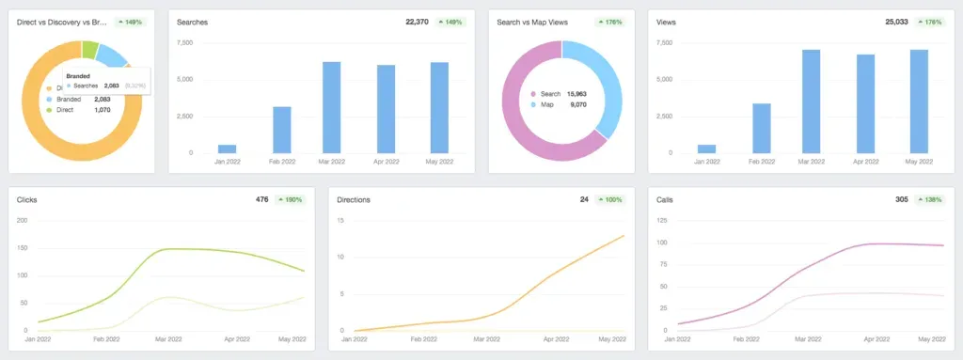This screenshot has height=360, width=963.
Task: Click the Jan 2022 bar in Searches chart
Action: (x=227, y=149)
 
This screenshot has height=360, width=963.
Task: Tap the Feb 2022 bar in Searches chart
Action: (x=280, y=130)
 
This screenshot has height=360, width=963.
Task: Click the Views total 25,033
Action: (x=901, y=21)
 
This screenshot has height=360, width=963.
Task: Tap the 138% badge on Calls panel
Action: (x=934, y=199)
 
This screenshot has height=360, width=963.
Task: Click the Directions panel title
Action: (x=353, y=199)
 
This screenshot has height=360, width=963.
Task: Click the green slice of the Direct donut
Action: (x=90, y=49)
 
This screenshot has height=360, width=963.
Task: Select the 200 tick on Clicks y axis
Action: (x=22, y=221)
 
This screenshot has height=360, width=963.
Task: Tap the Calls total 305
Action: (x=900, y=199)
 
